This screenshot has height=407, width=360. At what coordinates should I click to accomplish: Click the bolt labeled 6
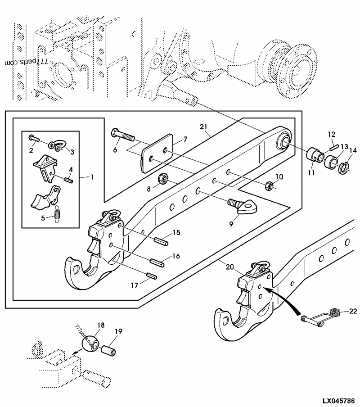tap(122, 135)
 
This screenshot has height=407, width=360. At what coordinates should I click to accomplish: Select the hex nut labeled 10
tap(269, 185)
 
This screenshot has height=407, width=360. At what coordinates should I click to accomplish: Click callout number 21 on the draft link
tap(204, 128)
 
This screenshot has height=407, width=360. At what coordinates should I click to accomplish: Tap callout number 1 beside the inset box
tap(92, 177)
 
